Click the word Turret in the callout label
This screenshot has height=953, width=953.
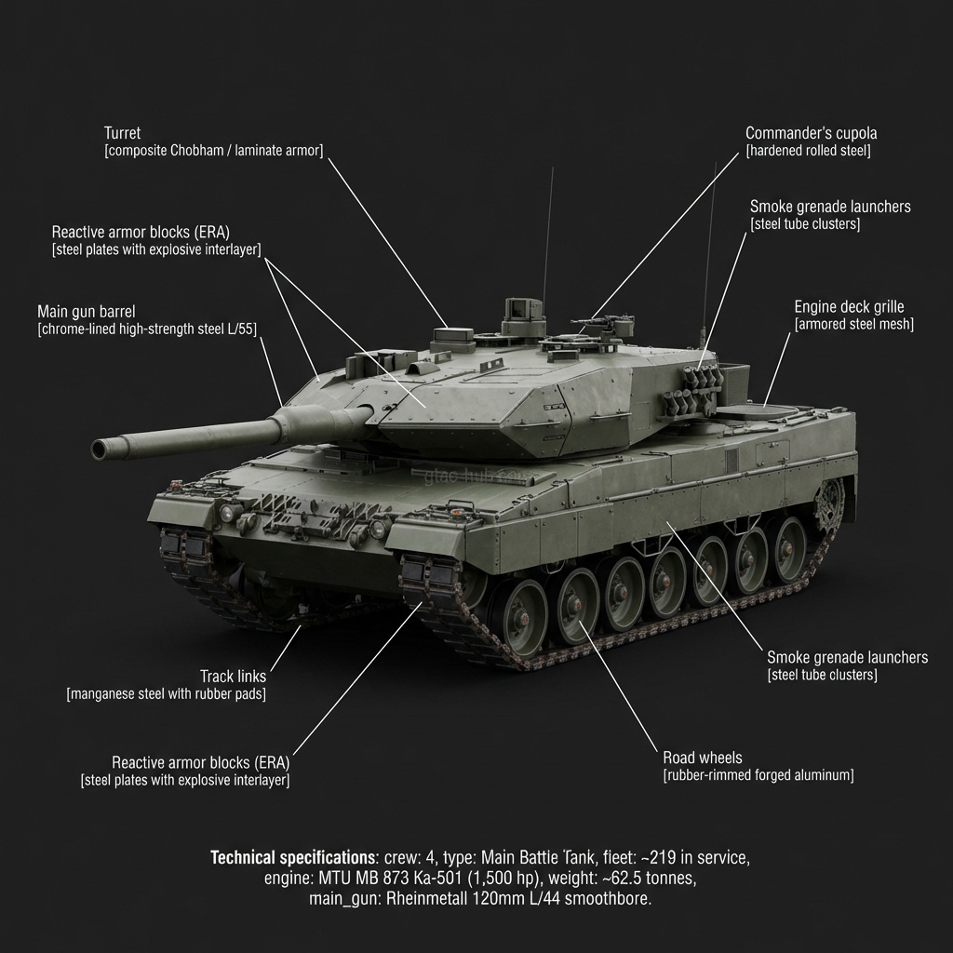pyautogui.click(x=122, y=134)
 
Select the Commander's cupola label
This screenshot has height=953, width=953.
pyautogui.click(x=811, y=133)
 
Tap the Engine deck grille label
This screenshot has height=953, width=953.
pyautogui.click(x=849, y=306)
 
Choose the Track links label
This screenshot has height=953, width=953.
pyautogui.click(x=232, y=676)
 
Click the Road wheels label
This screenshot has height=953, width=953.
pyautogui.click(x=702, y=758)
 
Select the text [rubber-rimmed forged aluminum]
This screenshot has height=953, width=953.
pyautogui.click(x=758, y=775)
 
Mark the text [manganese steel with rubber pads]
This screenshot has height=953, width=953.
pyautogui.click(x=166, y=694)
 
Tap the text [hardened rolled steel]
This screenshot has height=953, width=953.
pyautogui.click(x=808, y=151)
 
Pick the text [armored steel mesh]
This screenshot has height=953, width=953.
pyautogui.click(x=853, y=324)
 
